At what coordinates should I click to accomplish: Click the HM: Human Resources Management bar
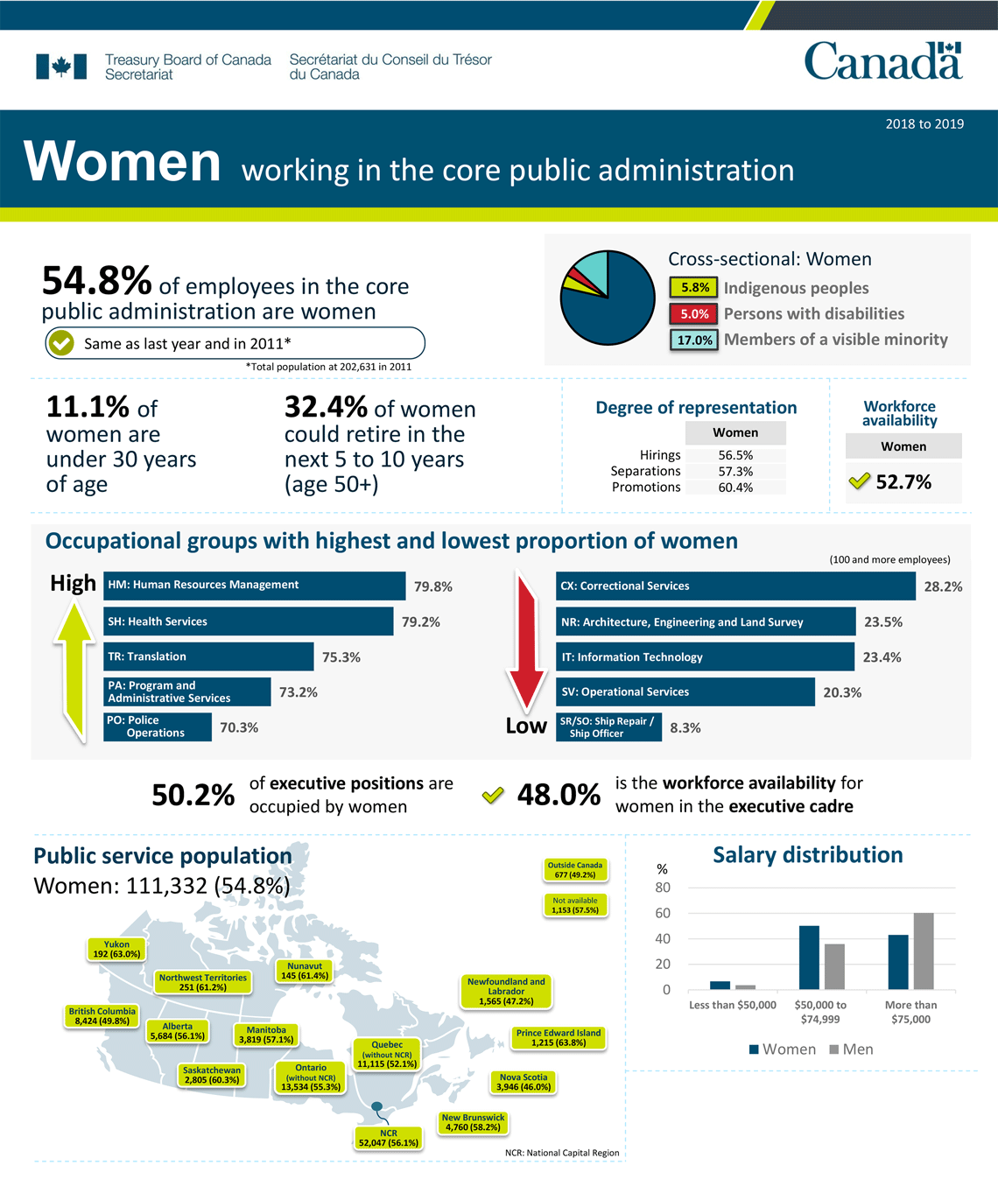[x=254, y=586]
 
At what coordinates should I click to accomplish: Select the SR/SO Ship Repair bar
[x=608, y=727]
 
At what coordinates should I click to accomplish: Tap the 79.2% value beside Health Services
[x=421, y=622]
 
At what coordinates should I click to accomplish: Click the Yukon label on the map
[x=116, y=950]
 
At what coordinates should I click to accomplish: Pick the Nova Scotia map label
[x=524, y=1083]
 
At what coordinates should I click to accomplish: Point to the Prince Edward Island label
[x=559, y=1038]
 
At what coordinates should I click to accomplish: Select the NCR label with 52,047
[x=389, y=1138]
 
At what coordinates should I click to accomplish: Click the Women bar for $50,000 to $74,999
[x=809, y=958]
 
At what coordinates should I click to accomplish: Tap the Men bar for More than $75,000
[x=924, y=951]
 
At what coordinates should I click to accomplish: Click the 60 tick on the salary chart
[x=663, y=913]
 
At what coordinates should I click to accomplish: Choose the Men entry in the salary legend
[x=851, y=1049]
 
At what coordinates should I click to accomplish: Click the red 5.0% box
[x=694, y=314]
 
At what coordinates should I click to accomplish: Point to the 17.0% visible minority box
[x=694, y=340]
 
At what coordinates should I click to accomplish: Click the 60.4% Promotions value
[x=735, y=488]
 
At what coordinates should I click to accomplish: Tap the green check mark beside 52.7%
[x=860, y=481]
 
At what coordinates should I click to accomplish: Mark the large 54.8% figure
[x=97, y=281]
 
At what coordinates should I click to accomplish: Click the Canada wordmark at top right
[x=882, y=61]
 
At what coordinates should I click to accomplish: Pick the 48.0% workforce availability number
[x=559, y=795]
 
